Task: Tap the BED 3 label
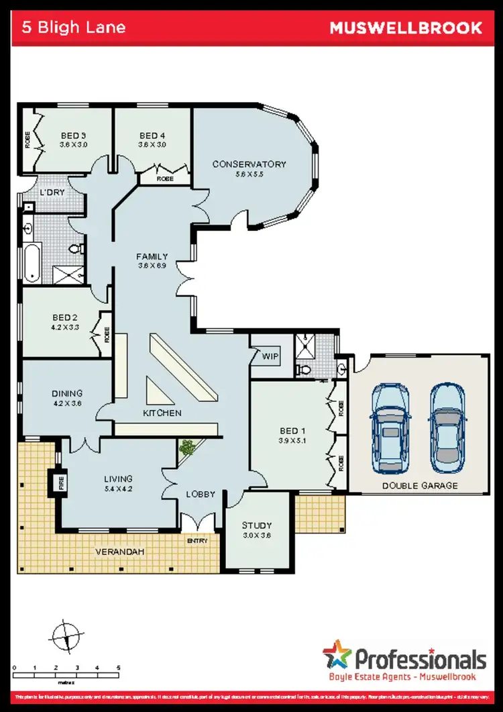coord(73,136)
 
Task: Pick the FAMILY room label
coord(152,256)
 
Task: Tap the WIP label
coord(270,356)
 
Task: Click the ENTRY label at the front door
coord(198,541)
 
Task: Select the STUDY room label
coord(257,525)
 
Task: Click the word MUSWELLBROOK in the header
coord(405,28)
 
